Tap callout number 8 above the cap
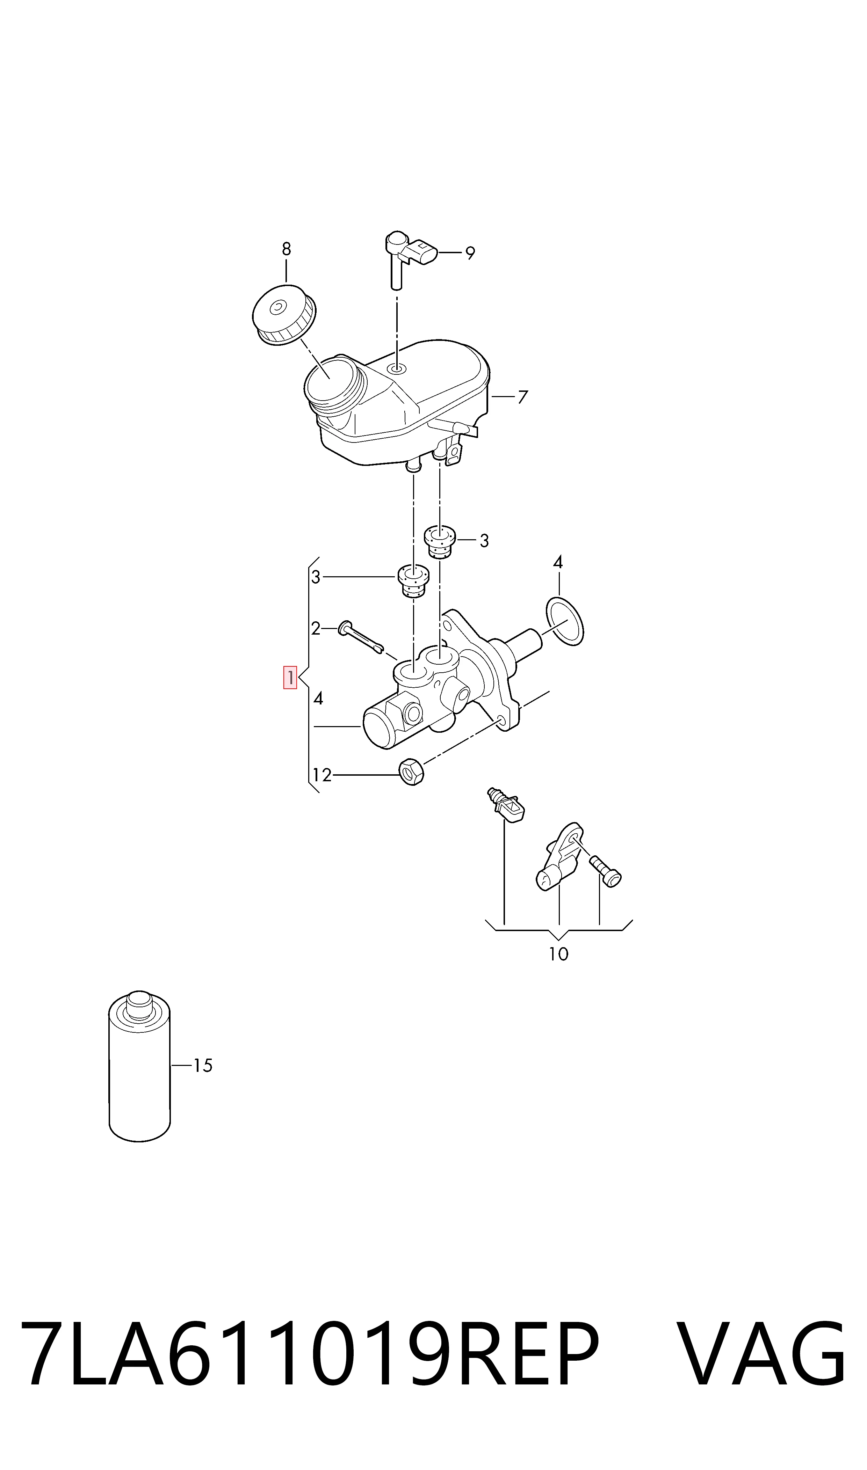286,249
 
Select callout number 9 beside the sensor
470,253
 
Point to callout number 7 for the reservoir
523,397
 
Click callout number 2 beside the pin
316,629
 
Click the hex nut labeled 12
411,772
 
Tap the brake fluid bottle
140,1066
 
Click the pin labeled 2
361,637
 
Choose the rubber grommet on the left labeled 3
414,582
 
